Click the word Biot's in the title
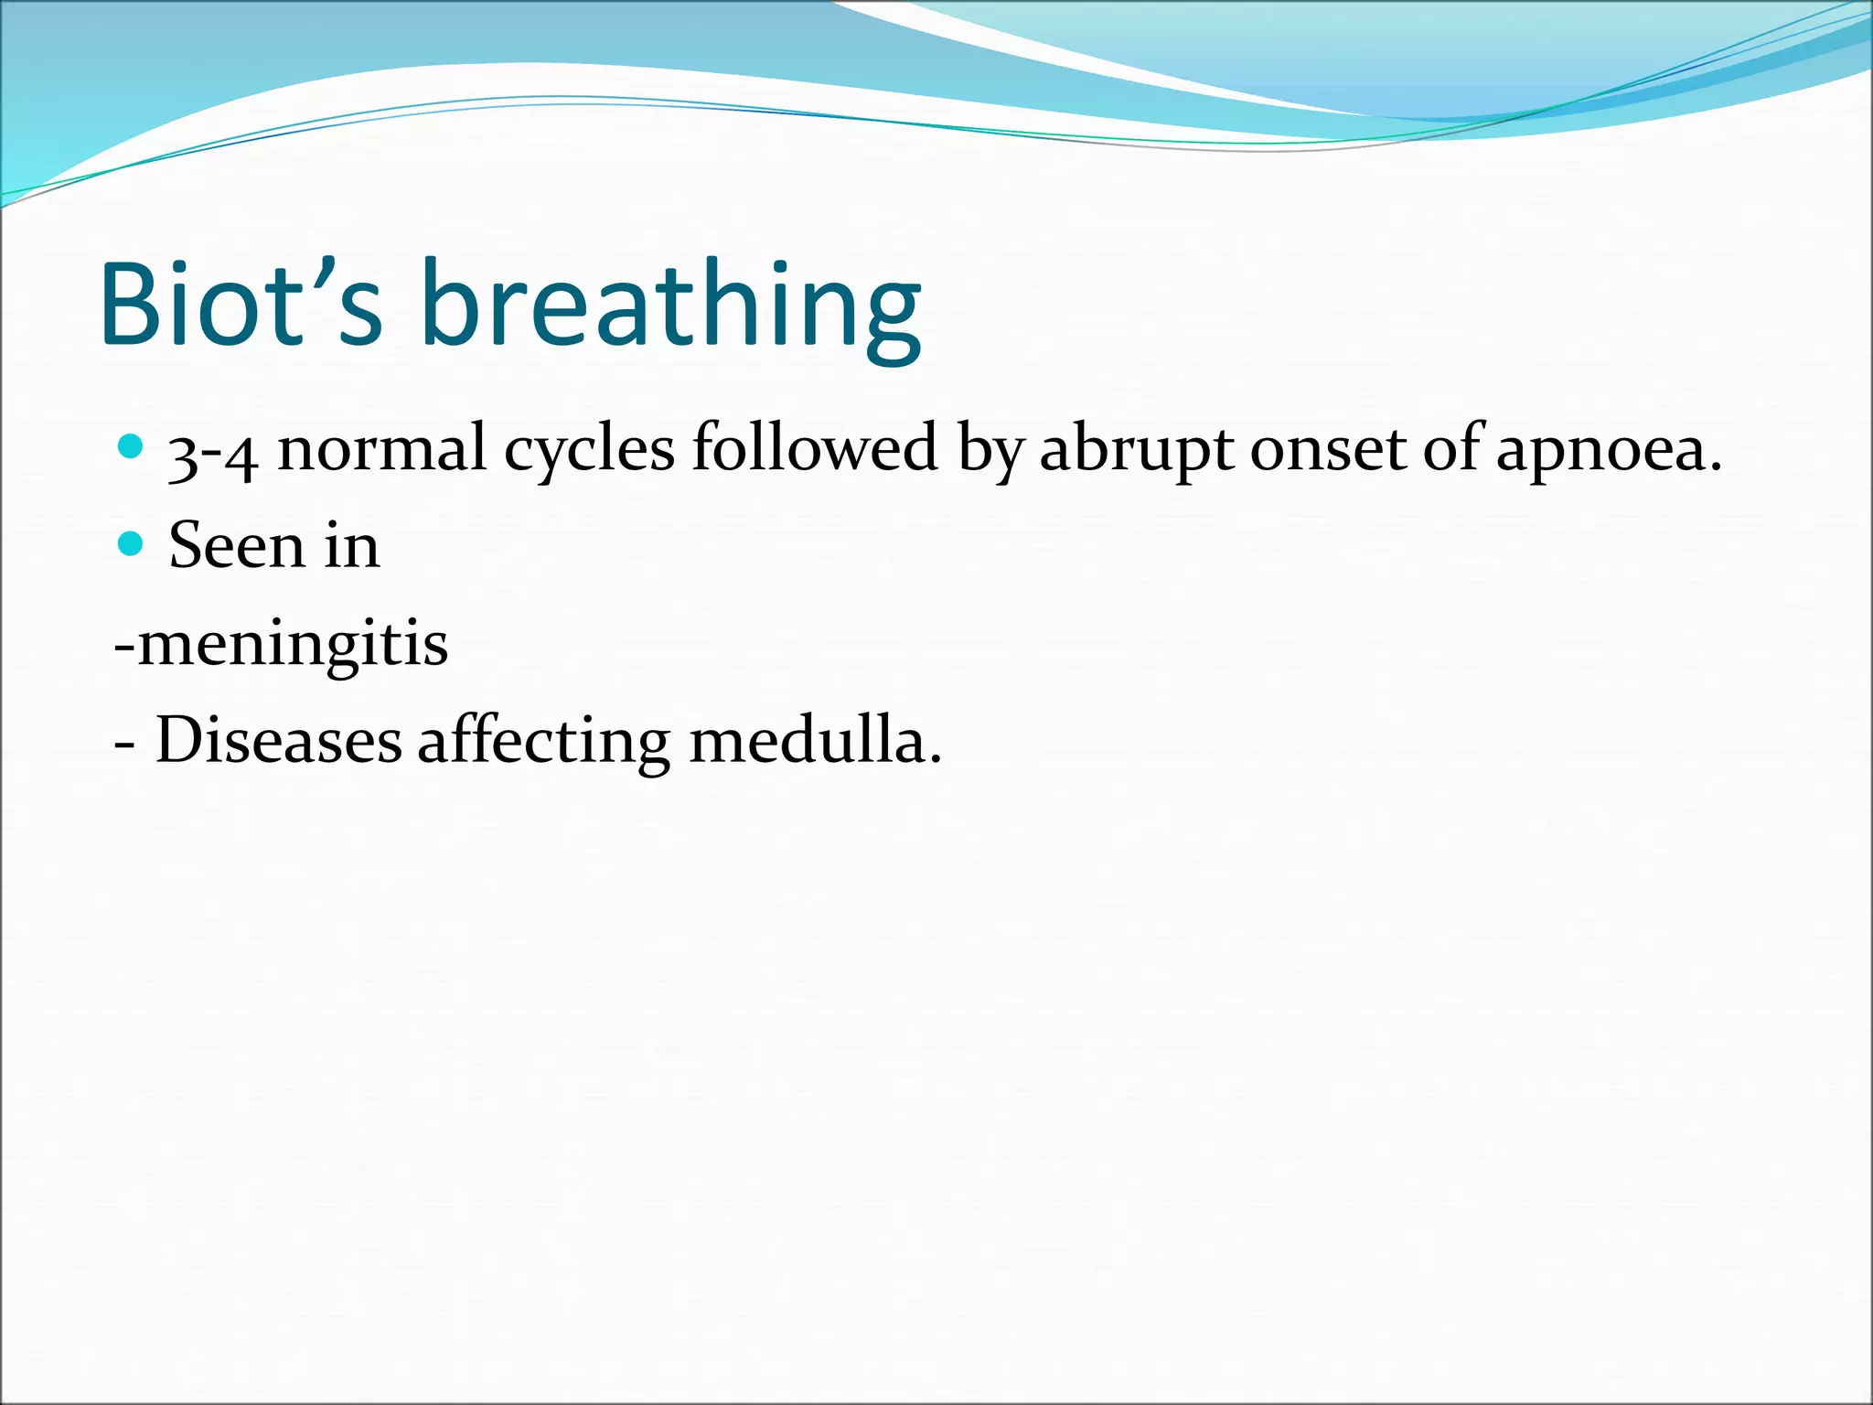click(241, 304)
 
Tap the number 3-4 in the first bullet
click(212, 452)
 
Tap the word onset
click(1327, 450)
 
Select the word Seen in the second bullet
click(236, 546)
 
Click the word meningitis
click(292, 644)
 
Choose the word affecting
click(544, 741)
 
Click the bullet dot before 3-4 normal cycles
click(132, 446)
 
